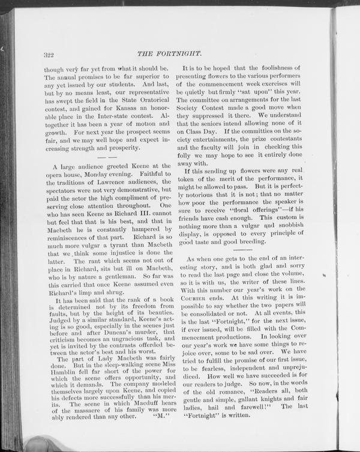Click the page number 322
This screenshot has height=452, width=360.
pyautogui.click(x=49, y=55)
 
